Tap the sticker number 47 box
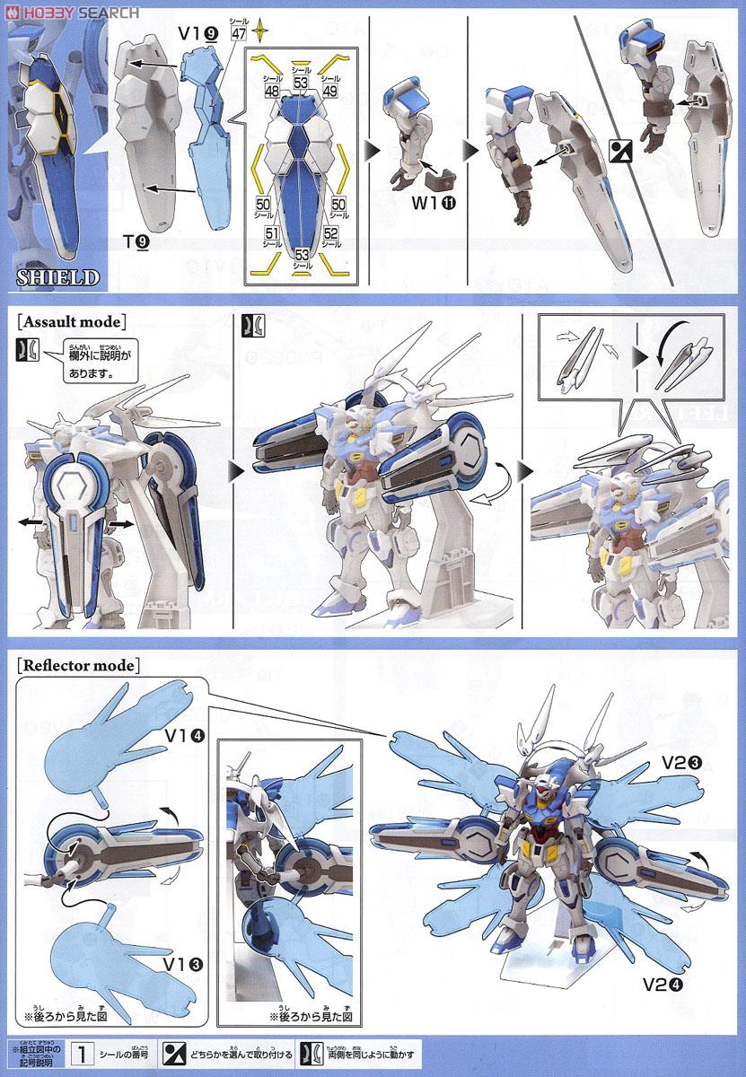238,36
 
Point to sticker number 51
269,235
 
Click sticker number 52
330,235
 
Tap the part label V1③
182,965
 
